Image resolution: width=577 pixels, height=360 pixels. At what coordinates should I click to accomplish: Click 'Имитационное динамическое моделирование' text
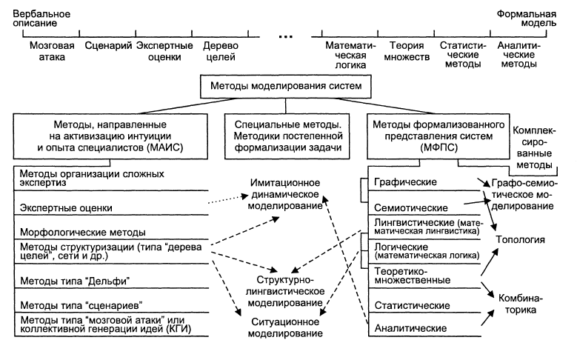[x=285, y=194]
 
